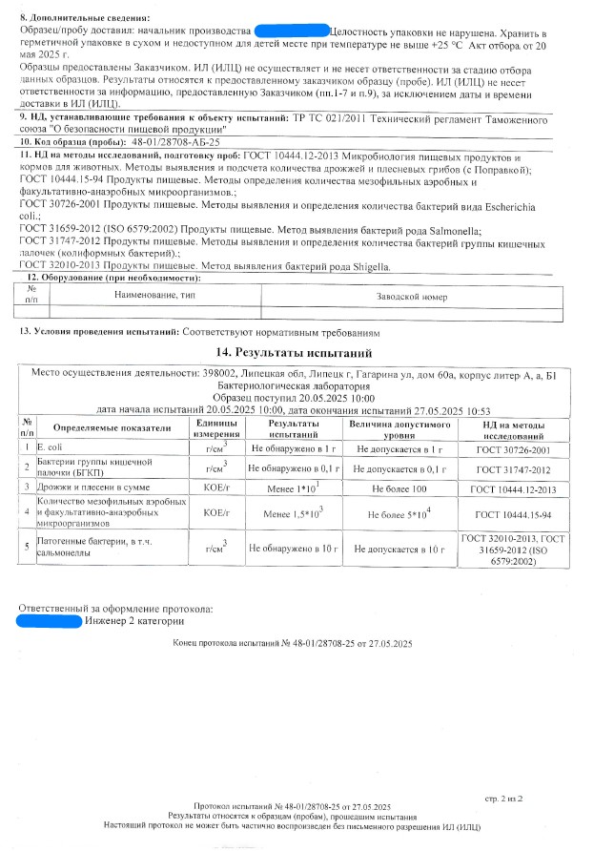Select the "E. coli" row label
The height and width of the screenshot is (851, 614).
pos(49,447)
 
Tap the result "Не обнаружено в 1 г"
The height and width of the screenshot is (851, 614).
pos(294,447)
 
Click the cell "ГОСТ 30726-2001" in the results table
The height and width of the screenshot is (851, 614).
pos(514,448)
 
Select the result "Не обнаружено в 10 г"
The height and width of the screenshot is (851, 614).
pos(294,549)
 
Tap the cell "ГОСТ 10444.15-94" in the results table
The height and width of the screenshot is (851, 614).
pos(514,512)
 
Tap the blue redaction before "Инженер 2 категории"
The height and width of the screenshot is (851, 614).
pos(48,621)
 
